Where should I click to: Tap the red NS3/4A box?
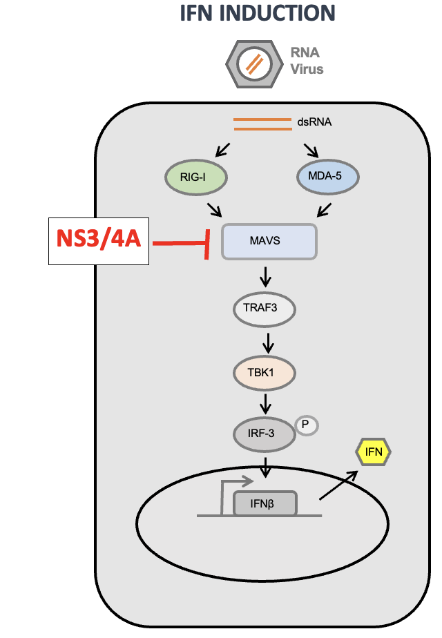click(99, 242)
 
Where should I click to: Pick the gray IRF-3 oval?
click(262, 434)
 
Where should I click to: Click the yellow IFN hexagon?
click(373, 452)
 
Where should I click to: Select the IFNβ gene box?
click(265, 503)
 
